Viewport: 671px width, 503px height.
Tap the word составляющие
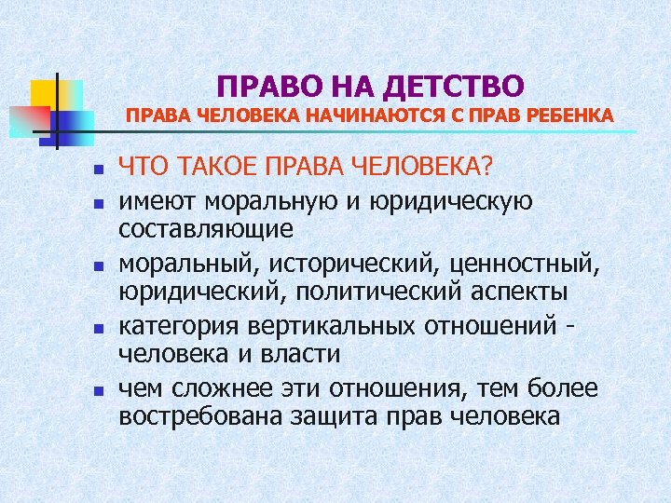[206, 228]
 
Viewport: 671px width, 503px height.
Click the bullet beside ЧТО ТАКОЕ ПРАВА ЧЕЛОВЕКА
[83, 170]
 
